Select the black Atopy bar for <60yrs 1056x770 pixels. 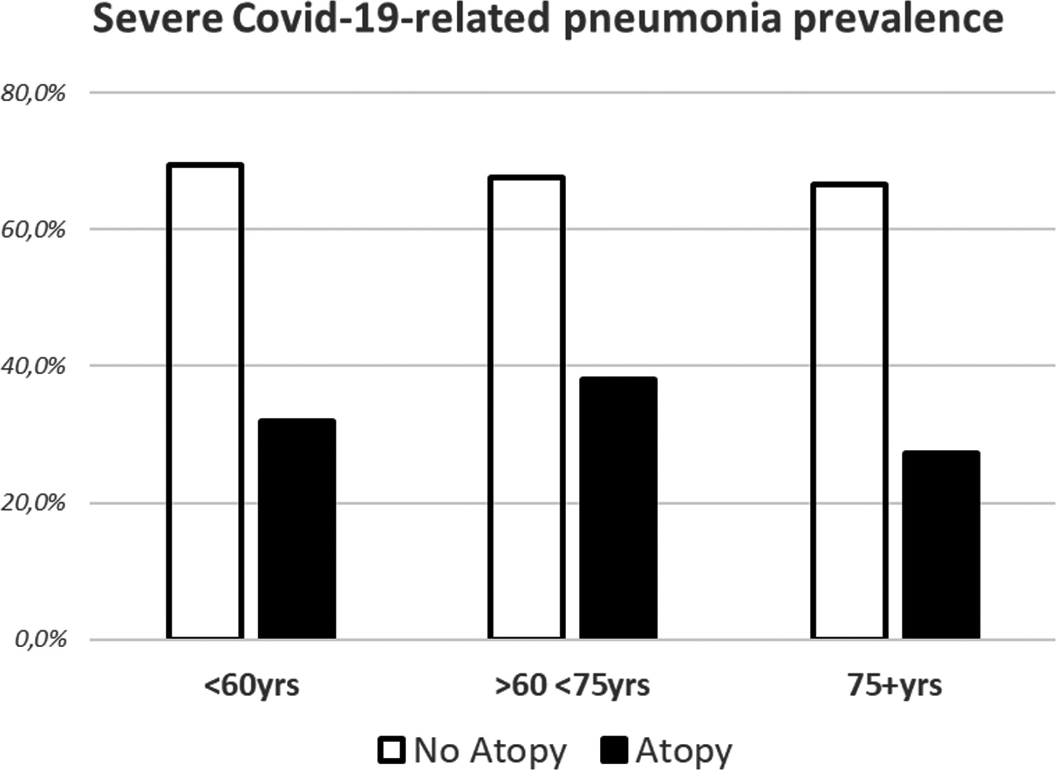click(297, 529)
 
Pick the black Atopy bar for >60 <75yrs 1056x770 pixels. click(618, 508)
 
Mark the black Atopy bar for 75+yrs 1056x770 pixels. click(941, 545)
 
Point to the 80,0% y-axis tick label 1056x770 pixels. click(32, 94)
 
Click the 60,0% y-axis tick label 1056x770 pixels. click(32, 230)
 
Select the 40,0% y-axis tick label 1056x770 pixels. click(32, 367)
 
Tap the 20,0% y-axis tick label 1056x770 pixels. click(32, 503)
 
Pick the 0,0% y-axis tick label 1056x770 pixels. click(41, 640)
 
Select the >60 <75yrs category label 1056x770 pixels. click(573, 686)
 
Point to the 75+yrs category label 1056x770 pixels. click(895, 686)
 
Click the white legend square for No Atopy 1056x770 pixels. click(391, 750)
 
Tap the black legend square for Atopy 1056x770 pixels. click(614, 750)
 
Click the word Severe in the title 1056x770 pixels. click(157, 19)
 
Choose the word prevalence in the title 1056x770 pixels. click(898, 21)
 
